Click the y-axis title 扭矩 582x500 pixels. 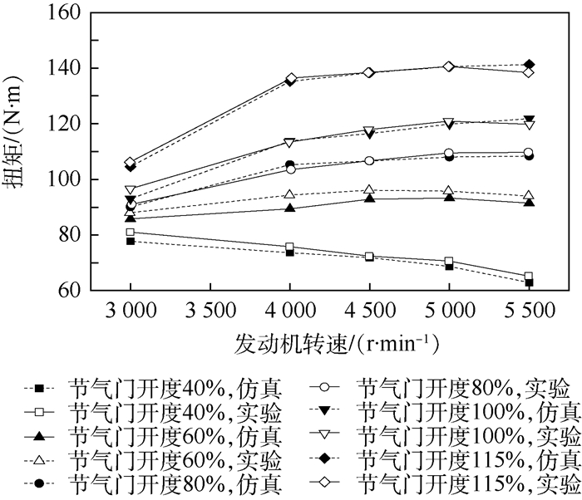18,152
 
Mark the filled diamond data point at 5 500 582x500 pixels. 528,65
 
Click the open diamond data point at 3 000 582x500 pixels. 131,163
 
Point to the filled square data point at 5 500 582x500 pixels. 528,282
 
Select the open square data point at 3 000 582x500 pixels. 131,233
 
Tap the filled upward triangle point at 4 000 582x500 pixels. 289,208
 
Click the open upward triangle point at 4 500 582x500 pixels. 369,189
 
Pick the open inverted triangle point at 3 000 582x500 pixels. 131,190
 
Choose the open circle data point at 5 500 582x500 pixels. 528,153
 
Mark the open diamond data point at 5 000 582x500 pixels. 448,66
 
